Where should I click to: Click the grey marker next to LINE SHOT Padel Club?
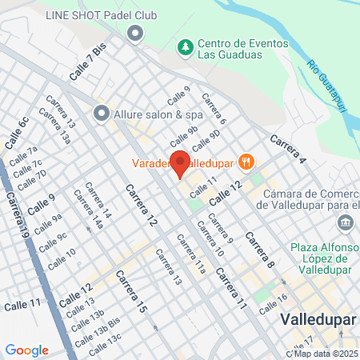click(x=135, y=34)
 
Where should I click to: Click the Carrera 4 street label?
click(x=287, y=148)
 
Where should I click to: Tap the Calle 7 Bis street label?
click(x=87, y=61)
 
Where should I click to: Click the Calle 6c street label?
click(x=17, y=132)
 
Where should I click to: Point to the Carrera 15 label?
click(x=131, y=291)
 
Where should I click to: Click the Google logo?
click(x=26, y=350)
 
